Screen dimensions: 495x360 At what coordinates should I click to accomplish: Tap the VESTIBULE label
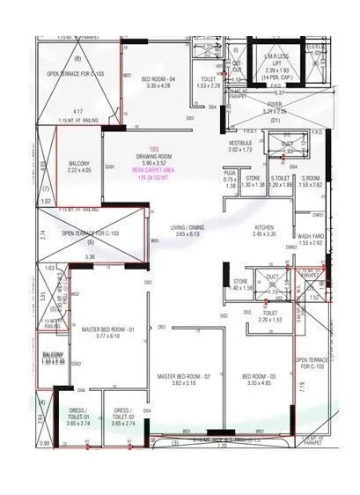(241, 146)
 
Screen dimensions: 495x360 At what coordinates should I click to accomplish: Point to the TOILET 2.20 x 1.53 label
(270, 315)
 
